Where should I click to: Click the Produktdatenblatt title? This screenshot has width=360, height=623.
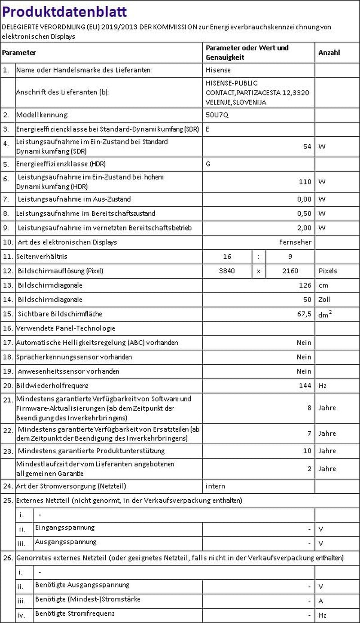click(x=64, y=12)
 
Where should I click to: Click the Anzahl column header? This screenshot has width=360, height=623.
click(x=329, y=53)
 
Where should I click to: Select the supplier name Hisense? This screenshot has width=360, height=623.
click(x=218, y=70)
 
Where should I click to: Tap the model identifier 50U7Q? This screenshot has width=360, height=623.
click(x=217, y=115)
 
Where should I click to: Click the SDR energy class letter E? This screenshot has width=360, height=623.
click(x=208, y=130)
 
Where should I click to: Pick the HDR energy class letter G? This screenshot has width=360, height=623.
click(x=208, y=164)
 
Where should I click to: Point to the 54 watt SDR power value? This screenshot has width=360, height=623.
click(x=307, y=146)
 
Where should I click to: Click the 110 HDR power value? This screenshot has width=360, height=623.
click(x=305, y=182)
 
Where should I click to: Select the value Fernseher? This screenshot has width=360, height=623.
click(x=295, y=242)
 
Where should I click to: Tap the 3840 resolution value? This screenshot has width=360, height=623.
click(x=226, y=271)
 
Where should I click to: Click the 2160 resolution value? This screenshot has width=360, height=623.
click(x=290, y=271)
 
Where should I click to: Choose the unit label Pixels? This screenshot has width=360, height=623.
click(x=328, y=271)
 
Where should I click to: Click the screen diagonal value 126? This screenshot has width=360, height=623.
click(x=305, y=285)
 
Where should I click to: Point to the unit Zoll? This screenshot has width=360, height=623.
click(x=324, y=300)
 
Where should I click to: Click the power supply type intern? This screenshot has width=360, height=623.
click(x=216, y=486)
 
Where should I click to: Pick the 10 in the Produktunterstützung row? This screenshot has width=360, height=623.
click(x=307, y=451)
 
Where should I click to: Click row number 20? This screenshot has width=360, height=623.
click(x=7, y=386)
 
